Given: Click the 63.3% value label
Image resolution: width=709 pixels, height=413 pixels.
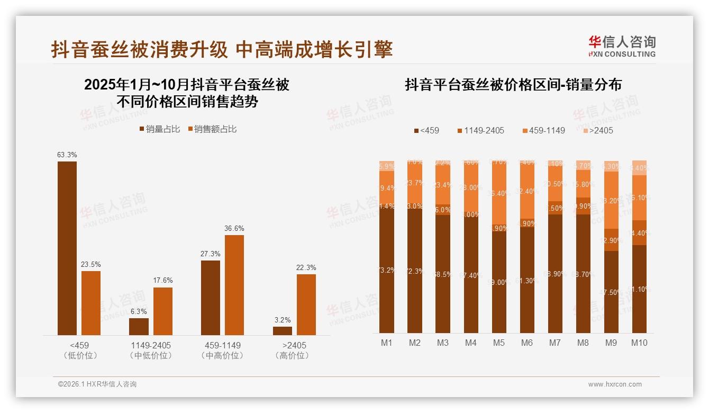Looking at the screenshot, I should click(67, 155).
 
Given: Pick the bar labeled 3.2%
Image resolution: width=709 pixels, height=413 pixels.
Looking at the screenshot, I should click(283, 330).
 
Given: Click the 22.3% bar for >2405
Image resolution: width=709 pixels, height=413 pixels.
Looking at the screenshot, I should click(306, 304).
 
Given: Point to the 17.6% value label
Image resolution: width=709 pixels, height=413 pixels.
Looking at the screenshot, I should click(163, 281).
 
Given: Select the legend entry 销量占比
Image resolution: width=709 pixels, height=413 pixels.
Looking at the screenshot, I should click(159, 129).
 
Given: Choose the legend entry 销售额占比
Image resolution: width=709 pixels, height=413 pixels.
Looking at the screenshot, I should click(212, 129).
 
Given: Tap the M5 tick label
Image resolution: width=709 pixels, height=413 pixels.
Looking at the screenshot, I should click(498, 343).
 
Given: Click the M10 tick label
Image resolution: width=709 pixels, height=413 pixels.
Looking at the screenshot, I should click(639, 343).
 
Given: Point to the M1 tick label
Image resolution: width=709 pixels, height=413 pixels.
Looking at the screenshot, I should click(387, 343).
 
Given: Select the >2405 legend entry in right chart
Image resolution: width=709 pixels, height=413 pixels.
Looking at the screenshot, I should click(597, 130).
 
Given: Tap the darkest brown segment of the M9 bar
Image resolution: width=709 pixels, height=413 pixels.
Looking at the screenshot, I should click(611, 292).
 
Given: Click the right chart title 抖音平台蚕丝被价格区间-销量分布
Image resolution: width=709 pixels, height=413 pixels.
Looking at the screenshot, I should click(513, 85).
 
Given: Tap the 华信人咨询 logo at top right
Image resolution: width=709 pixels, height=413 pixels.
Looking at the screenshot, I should click(622, 46).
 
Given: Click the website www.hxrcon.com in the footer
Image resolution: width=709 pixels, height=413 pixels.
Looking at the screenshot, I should click(615, 384).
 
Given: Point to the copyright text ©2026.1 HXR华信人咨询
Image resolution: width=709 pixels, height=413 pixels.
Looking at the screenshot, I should click(97, 384).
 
